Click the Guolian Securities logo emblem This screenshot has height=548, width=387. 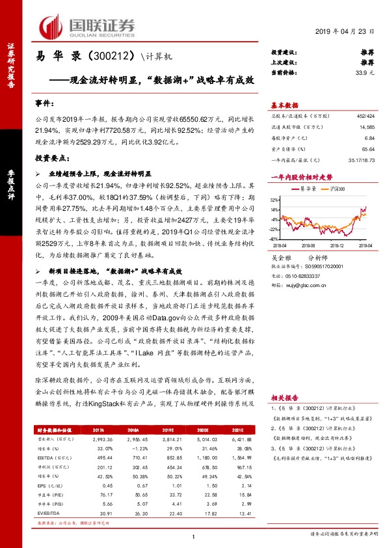(51, 25)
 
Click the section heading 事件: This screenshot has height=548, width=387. (44, 103)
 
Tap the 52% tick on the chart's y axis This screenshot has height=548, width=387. (274, 200)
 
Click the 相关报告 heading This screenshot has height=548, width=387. (284, 396)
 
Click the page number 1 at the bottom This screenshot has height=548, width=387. (193, 537)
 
